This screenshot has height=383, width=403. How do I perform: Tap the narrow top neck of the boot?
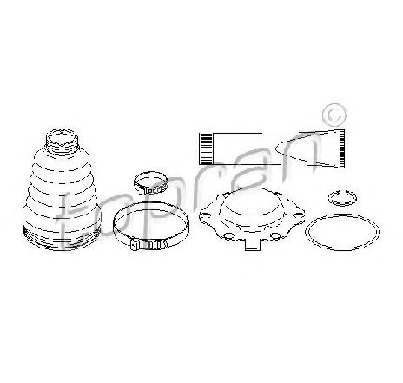coord(62,142)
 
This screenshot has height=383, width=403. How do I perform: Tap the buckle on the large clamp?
coord(149,246)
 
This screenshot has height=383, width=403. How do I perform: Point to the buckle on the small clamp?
coord(154,191)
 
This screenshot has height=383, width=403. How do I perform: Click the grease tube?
coord(272,149)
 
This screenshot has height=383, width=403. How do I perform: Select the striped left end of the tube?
coord(205,149)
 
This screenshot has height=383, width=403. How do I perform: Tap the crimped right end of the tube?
coord(342,149)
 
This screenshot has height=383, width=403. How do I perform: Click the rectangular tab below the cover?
coord(253,246)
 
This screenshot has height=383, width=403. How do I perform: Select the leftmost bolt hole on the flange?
coord(206,216)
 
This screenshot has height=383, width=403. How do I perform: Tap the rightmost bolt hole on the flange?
coord(298,215)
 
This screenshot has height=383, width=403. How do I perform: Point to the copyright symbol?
coord(334,116)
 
